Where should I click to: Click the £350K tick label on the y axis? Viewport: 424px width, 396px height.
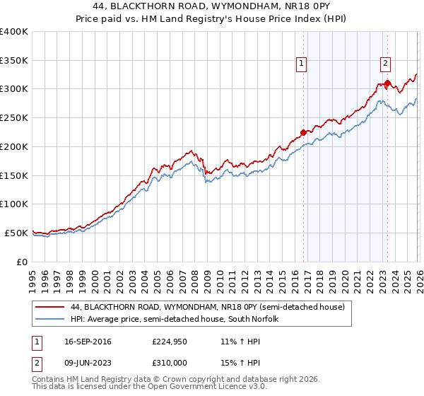pos(13,61)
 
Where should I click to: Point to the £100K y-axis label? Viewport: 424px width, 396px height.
pos(13,204)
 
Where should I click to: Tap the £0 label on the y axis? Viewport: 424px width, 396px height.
pos(21,261)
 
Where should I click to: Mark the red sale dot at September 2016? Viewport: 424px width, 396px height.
pos(303,132)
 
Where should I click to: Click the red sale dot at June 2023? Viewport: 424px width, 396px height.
pos(387,83)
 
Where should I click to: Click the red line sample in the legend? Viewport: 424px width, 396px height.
pos(51,308)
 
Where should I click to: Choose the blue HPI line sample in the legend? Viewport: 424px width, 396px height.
pos(51,320)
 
